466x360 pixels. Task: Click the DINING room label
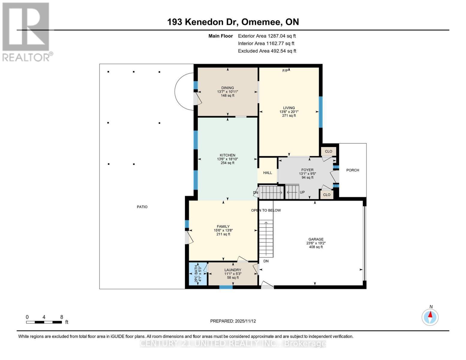[x=227, y=88]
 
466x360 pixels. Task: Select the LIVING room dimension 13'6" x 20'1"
[x=289, y=112]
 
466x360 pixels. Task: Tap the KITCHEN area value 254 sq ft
[x=227, y=163]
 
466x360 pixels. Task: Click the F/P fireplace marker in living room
[x=285, y=71]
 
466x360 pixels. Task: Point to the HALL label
[x=267, y=173]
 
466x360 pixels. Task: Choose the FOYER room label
[x=307, y=170]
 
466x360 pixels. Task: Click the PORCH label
[x=353, y=170]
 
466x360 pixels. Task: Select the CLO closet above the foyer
[x=329, y=151]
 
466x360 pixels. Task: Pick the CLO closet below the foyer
[x=326, y=195]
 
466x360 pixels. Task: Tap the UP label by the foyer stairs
[x=302, y=192]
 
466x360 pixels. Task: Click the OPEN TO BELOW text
[x=266, y=210]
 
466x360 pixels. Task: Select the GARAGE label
[x=316, y=239]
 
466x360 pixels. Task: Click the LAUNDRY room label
[x=233, y=270]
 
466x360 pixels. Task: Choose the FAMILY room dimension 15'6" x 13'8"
[x=223, y=230]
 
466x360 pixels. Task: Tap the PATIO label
[x=142, y=207]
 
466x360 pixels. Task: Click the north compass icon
[x=430, y=317]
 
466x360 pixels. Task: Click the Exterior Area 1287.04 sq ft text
[x=267, y=36]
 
